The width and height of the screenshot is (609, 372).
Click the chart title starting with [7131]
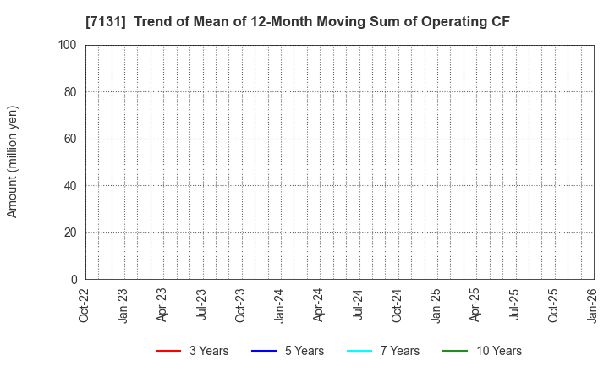click(298, 22)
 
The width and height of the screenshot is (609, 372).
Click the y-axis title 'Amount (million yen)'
click(13, 161)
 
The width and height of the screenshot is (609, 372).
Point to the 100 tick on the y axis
click(69, 45)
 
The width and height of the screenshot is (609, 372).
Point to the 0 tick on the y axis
click(74, 280)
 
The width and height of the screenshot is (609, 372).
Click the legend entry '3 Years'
click(207, 351)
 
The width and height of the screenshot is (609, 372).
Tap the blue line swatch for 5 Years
click(265, 351)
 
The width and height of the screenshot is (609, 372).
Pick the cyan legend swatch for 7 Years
click(360, 351)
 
